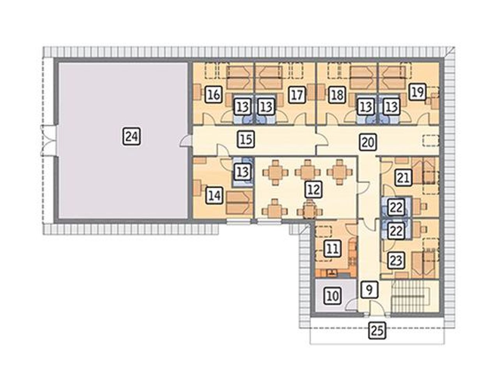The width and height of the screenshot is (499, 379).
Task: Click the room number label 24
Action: tap(132, 136)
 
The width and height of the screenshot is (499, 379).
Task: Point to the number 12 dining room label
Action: tap(313, 190)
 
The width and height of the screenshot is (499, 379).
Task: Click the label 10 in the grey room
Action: tap(333, 296)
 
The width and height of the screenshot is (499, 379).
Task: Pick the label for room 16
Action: tap(214, 94)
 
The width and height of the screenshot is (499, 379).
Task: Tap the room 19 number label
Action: tap(418, 92)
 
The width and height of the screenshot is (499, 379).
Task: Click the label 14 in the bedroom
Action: tap(214, 195)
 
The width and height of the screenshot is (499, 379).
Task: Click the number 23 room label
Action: tap(396, 260)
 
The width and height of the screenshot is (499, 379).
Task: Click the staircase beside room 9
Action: tap(409, 296)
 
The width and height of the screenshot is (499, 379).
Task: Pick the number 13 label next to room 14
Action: tap(242, 171)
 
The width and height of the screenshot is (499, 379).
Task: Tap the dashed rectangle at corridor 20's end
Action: tap(430, 141)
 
